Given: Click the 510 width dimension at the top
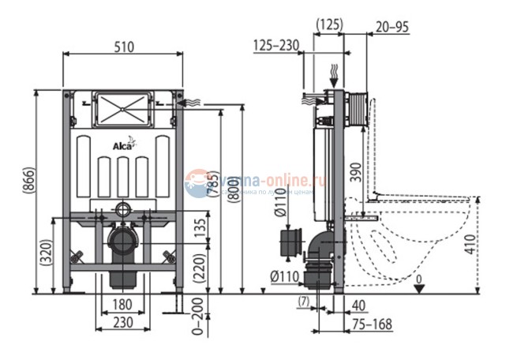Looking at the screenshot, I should click(x=122, y=47).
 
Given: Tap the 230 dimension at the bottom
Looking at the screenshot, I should click(x=122, y=322).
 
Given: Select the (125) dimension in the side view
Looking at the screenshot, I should click(x=328, y=25).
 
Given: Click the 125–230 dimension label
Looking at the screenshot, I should click(x=276, y=46).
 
